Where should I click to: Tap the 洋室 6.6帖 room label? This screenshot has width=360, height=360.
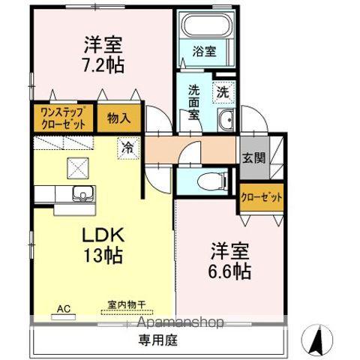coord(230,259)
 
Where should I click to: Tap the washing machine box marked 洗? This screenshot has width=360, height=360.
coord(223,94)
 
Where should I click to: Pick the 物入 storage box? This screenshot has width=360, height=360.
coord(118,118)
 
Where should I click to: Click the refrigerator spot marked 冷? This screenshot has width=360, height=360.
coord(127,148)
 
